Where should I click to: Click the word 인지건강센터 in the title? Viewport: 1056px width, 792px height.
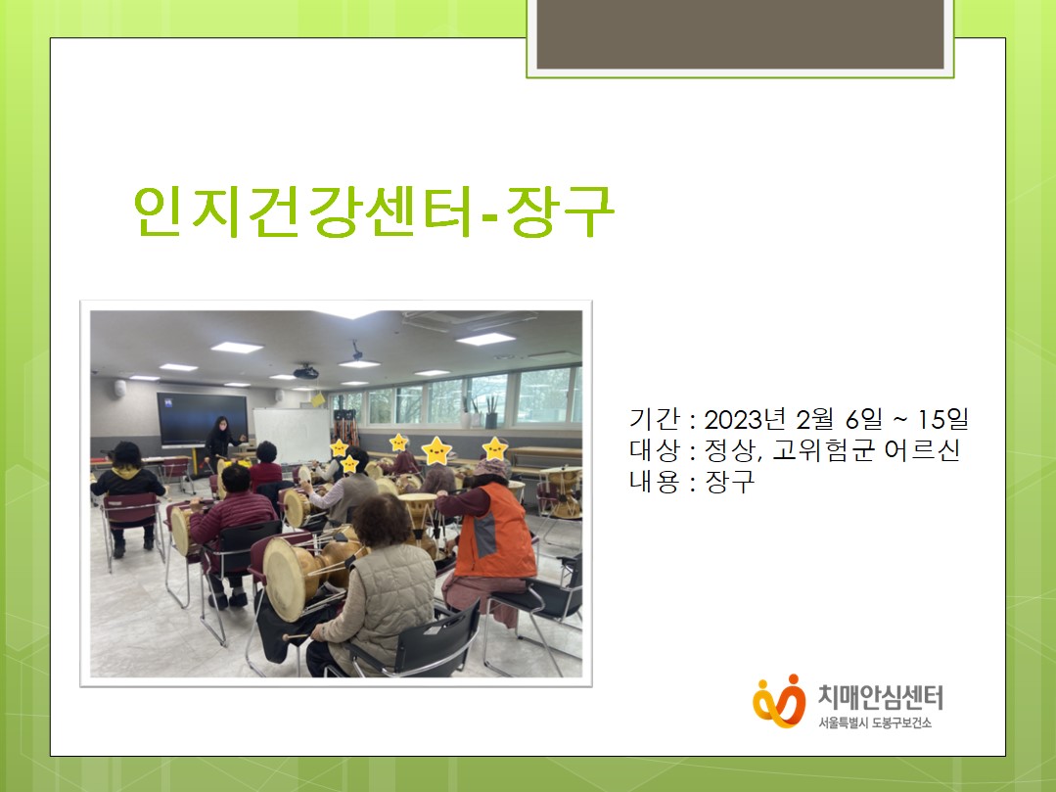point(302,210)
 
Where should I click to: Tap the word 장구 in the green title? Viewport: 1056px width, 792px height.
point(561,210)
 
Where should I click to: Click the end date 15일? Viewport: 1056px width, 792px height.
point(942,419)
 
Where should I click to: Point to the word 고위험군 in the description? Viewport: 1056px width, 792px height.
point(823,450)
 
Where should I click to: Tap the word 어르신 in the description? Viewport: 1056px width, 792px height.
point(921,450)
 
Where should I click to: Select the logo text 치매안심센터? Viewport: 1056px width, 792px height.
point(880,697)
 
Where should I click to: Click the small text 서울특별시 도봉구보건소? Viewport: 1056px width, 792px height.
point(875,723)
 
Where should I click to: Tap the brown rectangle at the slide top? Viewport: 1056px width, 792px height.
point(740,33)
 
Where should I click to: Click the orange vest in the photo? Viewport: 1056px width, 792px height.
point(495,532)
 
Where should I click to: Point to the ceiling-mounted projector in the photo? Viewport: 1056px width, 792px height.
point(305,371)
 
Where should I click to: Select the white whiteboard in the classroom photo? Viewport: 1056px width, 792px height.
point(291,435)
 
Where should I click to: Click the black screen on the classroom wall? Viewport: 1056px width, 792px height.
point(202,419)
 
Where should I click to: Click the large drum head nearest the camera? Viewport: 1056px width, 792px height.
point(286,579)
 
